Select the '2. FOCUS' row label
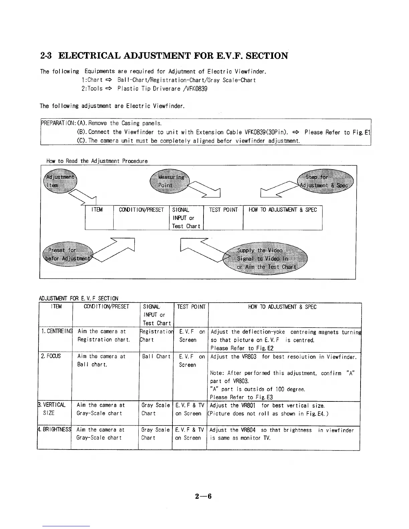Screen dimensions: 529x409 [x=51, y=356]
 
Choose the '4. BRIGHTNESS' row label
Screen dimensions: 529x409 [x=54, y=430]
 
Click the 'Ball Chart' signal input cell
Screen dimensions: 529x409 [x=156, y=357]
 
